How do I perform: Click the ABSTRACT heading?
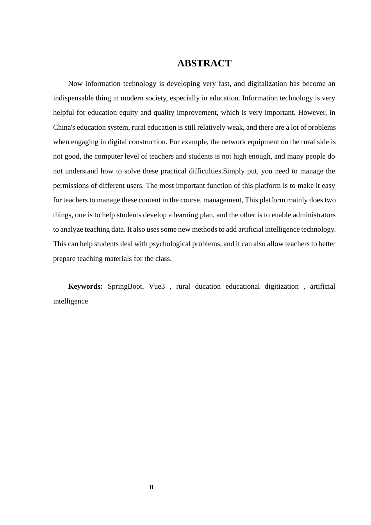tap(204, 63)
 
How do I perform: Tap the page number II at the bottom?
tap(152, 487)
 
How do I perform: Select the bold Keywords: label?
tap(85, 286)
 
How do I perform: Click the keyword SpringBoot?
tap(125, 286)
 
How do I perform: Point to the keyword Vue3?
tap(157, 286)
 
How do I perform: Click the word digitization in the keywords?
tap(282, 286)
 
